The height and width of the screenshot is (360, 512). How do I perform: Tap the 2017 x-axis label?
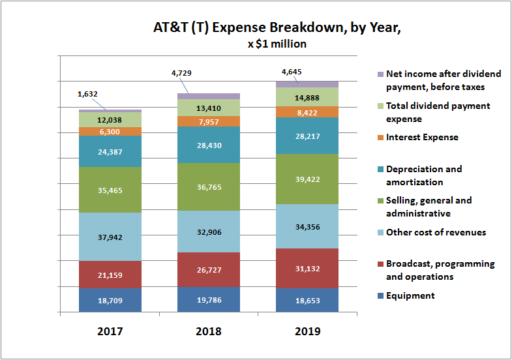click(x=110, y=331)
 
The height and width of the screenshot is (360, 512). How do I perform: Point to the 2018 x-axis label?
click(x=209, y=331)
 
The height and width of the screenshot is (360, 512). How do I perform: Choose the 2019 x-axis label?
click(x=307, y=331)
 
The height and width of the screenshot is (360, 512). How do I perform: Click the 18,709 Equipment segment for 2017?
click(x=110, y=301)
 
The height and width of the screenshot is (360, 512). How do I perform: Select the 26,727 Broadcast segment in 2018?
click(x=209, y=269)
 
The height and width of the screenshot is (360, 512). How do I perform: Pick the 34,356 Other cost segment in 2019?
click(x=307, y=226)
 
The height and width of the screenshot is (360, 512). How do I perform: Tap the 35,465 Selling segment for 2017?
click(x=110, y=190)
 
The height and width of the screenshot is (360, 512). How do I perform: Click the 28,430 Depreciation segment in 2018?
click(x=209, y=144)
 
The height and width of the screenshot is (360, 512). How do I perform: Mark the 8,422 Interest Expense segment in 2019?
click(x=307, y=112)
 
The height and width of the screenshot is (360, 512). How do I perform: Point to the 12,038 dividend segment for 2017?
click(x=110, y=119)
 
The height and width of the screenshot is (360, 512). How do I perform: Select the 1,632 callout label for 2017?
click(x=88, y=94)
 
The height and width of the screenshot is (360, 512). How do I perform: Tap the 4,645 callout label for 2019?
click(x=291, y=72)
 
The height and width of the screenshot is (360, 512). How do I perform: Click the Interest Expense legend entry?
click(x=421, y=138)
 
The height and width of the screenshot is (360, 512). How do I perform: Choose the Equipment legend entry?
click(x=410, y=296)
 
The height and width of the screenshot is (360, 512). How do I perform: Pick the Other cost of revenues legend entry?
click(x=435, y=233)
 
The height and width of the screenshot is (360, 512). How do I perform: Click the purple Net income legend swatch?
click(x=380, y=74)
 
